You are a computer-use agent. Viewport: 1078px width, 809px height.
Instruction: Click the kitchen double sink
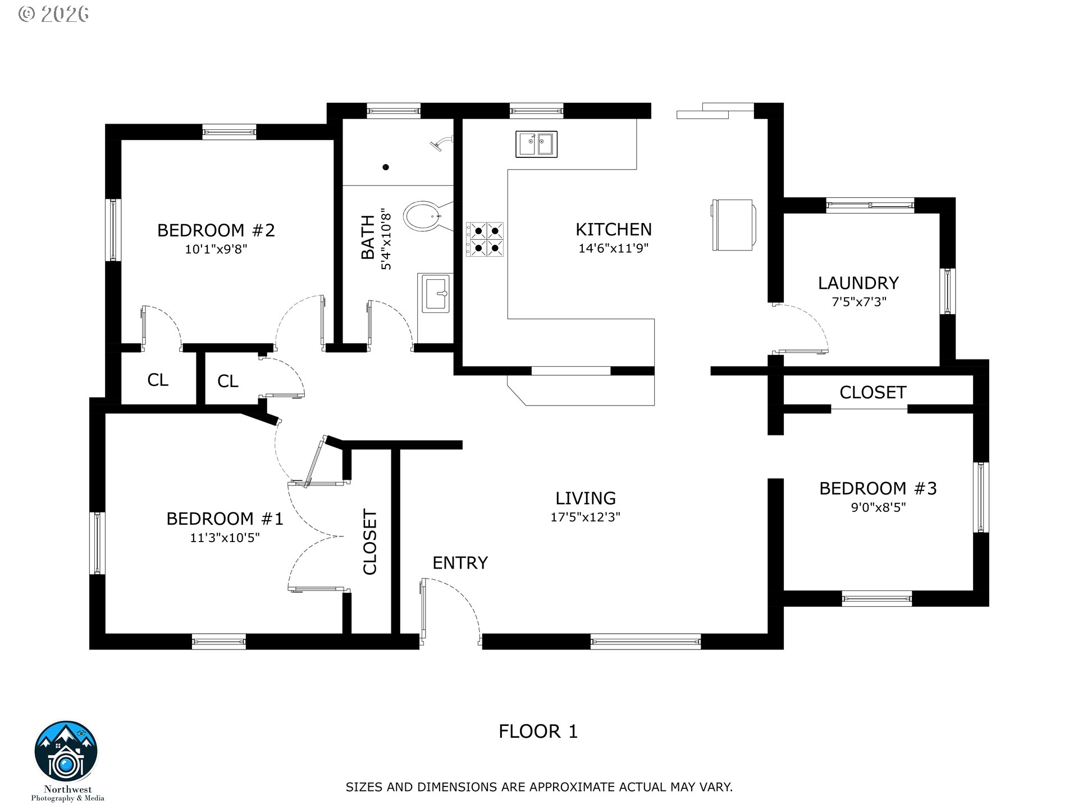tap(536, 144)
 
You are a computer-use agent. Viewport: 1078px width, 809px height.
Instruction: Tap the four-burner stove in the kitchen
tap(485, 239)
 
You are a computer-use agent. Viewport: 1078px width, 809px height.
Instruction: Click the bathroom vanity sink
tap(435, 293)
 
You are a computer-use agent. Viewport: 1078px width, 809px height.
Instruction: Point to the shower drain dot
tap(386, 167)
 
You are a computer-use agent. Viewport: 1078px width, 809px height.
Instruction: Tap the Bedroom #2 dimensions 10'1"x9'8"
tap(216, 249)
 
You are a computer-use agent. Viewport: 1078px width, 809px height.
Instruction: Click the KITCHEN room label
tap(614, 229)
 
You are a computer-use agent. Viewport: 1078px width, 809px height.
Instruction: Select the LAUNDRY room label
tap(858, 283)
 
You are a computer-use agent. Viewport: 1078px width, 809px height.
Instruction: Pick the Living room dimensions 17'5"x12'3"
tap(585, 517)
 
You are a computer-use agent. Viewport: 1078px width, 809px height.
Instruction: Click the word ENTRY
tap(460, 562)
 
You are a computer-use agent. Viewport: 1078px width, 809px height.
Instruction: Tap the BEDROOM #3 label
tap(878, 488)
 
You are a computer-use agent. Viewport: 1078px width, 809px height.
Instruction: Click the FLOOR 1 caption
tap(538, 731)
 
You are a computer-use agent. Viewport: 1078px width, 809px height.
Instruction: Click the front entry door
tap(450, 611)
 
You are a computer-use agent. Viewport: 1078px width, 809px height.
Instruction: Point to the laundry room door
tap(800, 329)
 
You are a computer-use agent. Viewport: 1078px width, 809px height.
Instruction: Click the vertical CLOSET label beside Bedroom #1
tap(369, 542)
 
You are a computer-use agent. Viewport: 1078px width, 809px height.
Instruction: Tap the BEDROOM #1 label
tap(225, 519)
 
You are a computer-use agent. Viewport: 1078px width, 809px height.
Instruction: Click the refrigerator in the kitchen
tap(733, 225)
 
